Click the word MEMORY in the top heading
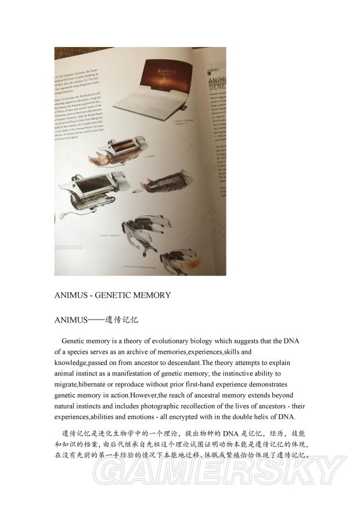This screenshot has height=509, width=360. [x=149, y=295]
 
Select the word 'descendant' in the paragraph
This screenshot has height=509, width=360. [x=178, y=363]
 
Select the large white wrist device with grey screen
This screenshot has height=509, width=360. [x=91, y=193]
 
